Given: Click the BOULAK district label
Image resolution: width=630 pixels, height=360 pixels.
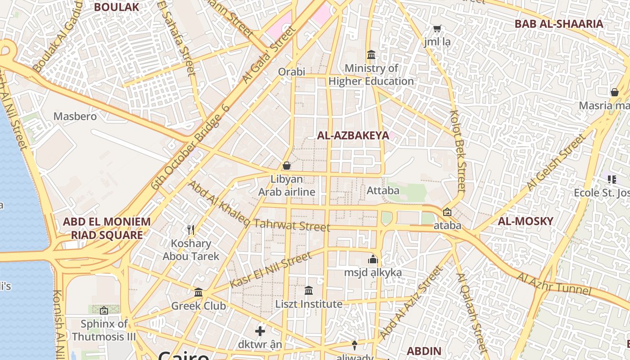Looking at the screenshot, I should (117, 7).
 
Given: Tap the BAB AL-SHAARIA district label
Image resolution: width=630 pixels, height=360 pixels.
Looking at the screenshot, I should (559, 24).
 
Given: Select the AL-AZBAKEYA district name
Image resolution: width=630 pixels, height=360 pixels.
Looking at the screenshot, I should (353, 135).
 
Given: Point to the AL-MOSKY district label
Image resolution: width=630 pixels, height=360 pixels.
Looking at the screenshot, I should (525, 221).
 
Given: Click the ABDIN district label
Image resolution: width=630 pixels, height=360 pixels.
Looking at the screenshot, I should (424, 351).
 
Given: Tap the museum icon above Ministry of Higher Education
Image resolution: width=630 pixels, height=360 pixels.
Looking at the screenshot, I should (372, 55).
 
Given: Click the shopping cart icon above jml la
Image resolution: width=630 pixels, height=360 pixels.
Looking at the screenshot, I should (437, 29).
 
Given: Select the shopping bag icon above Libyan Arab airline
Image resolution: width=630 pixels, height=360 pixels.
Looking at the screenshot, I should (287, 166).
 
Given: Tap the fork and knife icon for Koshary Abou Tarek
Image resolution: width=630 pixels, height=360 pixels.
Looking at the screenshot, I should (191, 230).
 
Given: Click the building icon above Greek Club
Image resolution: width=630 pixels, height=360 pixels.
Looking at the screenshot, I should (198, 292).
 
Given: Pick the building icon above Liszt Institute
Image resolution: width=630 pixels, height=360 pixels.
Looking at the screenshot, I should (309, 291).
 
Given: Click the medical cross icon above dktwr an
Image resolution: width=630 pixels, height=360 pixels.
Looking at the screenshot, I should (260, 332).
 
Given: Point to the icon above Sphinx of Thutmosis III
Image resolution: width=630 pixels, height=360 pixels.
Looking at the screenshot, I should (104, 310).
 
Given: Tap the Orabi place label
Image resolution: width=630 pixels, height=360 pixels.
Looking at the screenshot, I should (292, 72).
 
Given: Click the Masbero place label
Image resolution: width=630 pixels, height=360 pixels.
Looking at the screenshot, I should (75, 117).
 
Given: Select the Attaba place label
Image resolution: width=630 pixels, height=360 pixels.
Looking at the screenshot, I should (383, 190).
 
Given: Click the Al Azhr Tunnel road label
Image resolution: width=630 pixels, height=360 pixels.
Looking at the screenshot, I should (553, 283).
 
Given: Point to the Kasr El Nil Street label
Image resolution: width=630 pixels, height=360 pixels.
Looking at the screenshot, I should (270, 270).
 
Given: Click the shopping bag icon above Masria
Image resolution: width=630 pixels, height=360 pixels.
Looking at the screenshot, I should (615, 93).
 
